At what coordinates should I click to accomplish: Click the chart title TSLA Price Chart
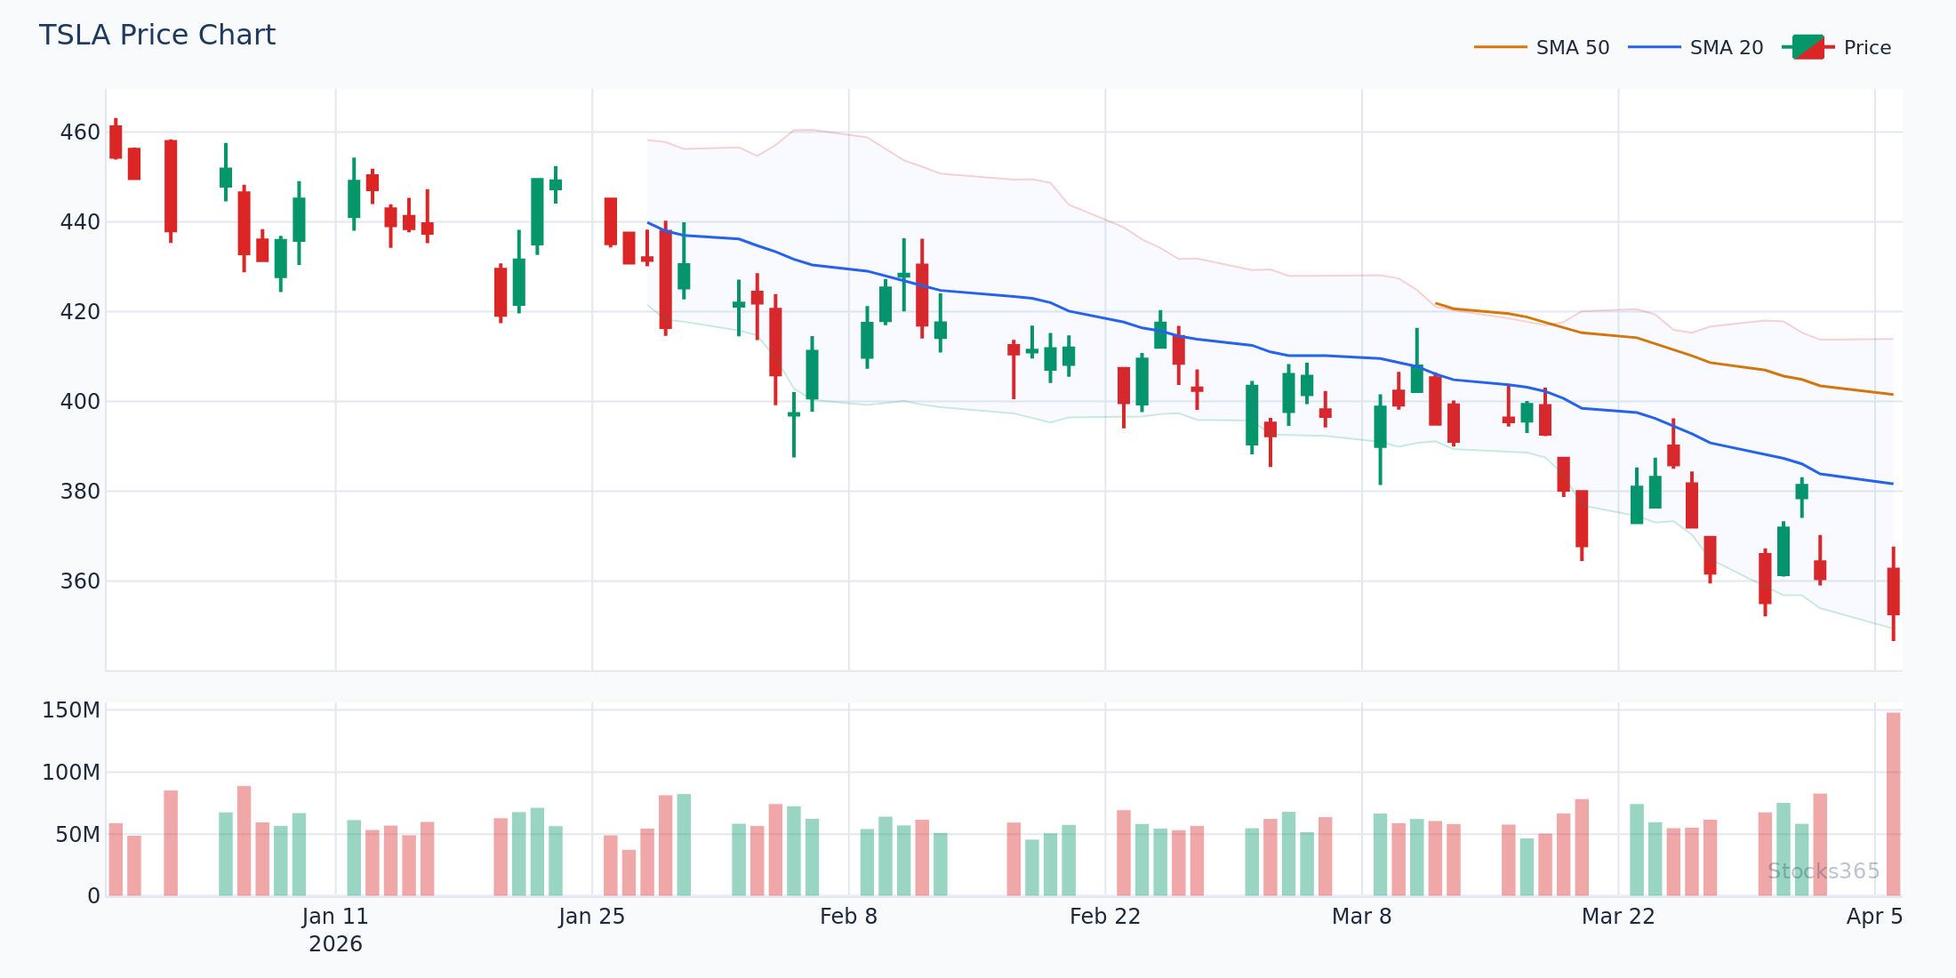157,36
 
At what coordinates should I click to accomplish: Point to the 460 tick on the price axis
80,132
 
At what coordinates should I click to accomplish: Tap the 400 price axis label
80,402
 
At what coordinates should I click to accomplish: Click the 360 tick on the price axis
80,581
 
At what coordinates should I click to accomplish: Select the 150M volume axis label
71,710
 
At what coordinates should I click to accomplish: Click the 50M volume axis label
77,835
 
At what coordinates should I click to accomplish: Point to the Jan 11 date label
335,917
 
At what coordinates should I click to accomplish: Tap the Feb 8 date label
848,917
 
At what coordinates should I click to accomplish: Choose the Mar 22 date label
1618,917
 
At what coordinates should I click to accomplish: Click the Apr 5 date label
1874,917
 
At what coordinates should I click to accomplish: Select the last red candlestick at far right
1893,591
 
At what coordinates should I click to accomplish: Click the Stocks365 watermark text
1823,871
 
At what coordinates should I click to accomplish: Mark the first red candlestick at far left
116,141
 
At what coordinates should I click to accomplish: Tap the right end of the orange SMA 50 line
1892,394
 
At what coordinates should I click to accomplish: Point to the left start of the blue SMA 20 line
648,223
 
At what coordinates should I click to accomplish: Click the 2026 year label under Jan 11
335,944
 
